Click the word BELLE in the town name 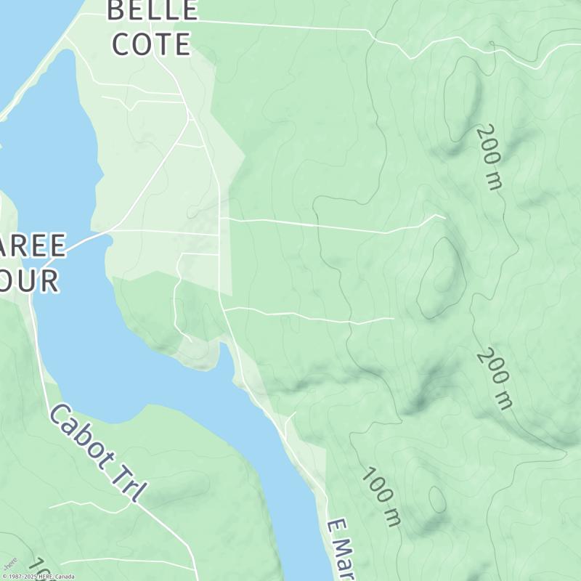[152, 10]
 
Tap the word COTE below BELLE [152, 44]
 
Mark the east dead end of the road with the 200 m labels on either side [445, 217]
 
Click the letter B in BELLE [116, 10]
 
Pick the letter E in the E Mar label [334, 527]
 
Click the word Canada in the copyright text [64, 577]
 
